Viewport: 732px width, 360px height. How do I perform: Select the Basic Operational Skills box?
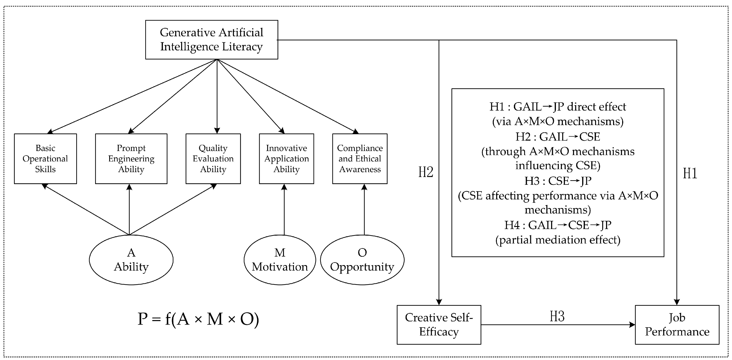tap(45, 158)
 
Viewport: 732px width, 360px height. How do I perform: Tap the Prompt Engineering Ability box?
tap(131, 158)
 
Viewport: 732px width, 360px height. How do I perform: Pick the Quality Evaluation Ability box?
tap(213, 158)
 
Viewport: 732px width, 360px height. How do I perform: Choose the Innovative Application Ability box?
tap(286, 158)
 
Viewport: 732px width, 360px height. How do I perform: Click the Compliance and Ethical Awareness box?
tap(360, 158)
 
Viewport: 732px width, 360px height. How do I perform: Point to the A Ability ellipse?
tap(131, 260)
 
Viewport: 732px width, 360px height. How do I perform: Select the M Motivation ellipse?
tap(280, 260)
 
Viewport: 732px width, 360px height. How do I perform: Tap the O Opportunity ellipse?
tap(362, 260)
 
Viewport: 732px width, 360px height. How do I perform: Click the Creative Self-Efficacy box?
tap(439, 325)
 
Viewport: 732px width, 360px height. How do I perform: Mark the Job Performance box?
tap(677, 325)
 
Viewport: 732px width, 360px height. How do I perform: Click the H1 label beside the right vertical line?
tap(690, 173)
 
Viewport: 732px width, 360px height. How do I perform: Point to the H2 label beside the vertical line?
tap(426, 172)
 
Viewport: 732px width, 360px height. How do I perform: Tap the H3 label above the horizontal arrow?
tap(557, 316)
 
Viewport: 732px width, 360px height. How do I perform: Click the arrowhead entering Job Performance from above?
tap(677, 302)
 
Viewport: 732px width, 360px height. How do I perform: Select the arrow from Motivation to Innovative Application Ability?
tap(284, 210)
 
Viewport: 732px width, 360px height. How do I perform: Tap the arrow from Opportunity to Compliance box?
tap(364, 210)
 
